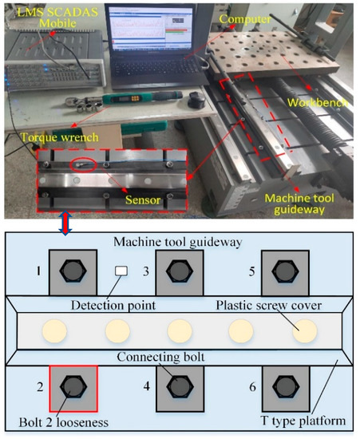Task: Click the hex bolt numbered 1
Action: pyautogui.click(x=73, y=272)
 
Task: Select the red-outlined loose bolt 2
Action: pyautogui.click(x=73, y=389)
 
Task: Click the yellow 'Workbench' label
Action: pyautogui.click(x=320, y=104)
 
